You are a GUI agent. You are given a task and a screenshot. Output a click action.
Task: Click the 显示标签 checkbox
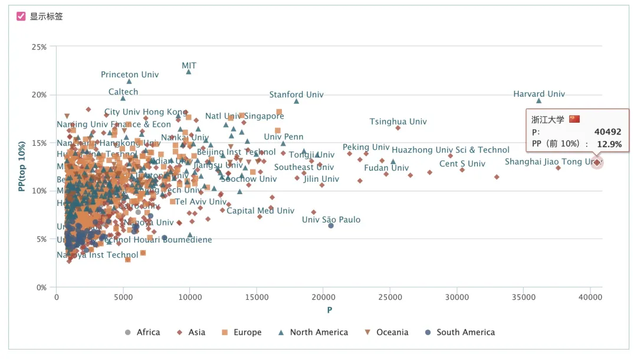tap(21, 17)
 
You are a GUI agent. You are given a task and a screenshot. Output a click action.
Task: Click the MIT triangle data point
tap(189, 71)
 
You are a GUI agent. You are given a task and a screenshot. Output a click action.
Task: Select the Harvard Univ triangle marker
tap(539, 100)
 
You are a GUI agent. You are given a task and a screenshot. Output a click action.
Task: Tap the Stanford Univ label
tap(296, 94)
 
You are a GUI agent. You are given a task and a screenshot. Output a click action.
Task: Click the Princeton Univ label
tap(130, 74)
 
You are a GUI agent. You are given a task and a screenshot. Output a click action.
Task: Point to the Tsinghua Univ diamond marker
tap(398, 127)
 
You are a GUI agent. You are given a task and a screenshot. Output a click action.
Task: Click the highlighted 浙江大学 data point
tap(597, 162)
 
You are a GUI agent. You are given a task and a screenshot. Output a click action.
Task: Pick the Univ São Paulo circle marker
tap(331, 225)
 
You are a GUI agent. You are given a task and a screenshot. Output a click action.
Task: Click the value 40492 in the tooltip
tap(608, 132)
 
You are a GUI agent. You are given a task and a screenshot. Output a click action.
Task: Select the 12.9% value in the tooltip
tap(608, 144)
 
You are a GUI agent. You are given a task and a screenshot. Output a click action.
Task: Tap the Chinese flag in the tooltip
tap(574, 119)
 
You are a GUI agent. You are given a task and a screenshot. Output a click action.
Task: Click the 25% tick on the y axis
tap(40, 47)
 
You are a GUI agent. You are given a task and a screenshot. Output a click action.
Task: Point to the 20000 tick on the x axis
tap(323, 297)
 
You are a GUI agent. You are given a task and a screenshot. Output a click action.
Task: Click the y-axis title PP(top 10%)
tap(22, 166)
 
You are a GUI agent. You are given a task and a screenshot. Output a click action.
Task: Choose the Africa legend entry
tap(143, 332)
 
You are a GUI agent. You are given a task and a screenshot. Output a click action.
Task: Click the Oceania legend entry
tap(386, 332)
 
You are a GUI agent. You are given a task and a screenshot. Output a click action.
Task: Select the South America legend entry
tap(459, 332)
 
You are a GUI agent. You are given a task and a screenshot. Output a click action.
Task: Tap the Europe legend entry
tap(241, 332)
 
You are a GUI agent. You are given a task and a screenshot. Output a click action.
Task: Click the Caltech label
tap(123, 91)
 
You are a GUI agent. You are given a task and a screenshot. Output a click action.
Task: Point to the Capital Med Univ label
tap(260, 211)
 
